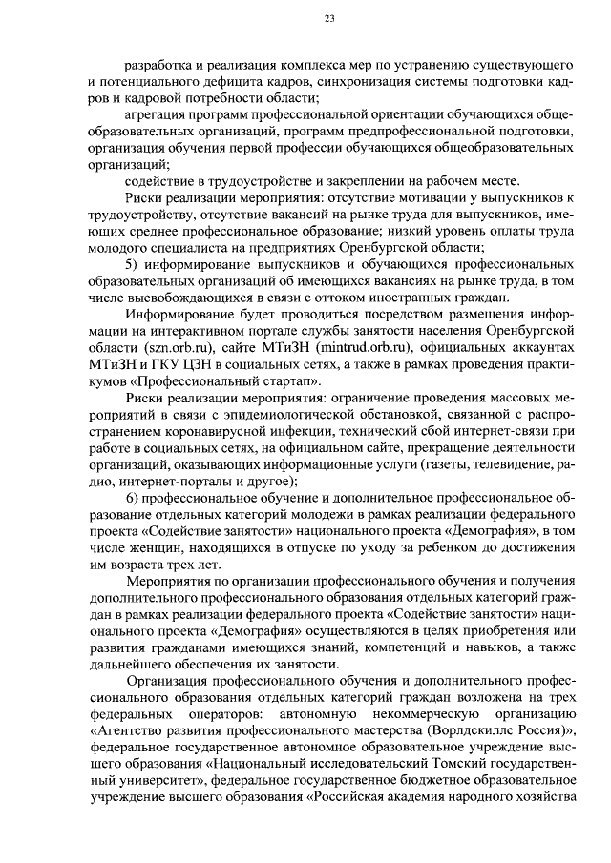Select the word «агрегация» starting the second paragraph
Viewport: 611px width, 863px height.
pos(156,114)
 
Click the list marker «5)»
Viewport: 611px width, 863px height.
pos(134,264)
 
